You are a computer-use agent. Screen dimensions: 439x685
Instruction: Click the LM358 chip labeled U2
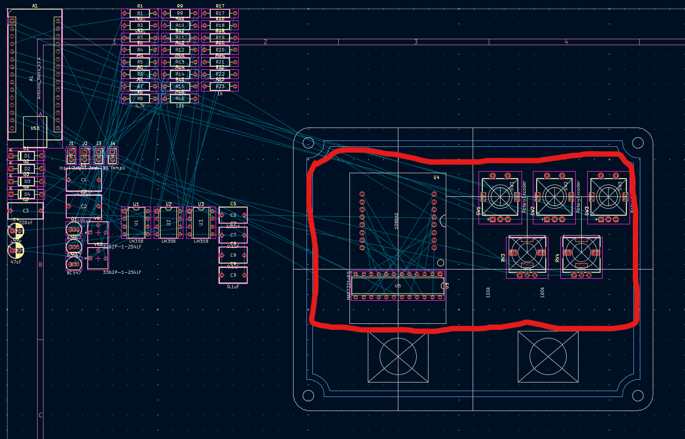168,222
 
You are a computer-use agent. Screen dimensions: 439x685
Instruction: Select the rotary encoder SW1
500,196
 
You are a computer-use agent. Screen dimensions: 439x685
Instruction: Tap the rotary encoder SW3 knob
608,196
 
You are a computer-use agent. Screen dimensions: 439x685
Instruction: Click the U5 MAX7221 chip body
397,286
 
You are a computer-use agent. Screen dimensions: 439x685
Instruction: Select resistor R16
180,98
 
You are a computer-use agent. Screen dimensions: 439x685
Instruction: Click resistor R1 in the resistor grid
140,13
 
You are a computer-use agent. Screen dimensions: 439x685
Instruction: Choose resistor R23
219,87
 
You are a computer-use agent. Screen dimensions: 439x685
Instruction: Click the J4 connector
112,156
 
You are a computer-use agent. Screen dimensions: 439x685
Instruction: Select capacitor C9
233,275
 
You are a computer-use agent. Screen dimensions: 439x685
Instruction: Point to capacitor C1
83,180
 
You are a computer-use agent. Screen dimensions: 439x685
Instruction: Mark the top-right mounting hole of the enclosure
638,143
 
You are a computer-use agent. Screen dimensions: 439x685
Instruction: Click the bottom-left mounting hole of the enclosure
308,396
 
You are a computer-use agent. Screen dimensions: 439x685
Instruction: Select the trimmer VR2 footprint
98,258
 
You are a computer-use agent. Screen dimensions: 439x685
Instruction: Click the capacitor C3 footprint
25,211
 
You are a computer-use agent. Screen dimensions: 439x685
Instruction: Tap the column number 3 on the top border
416,42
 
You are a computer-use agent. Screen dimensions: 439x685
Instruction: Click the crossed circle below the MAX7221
398,356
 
